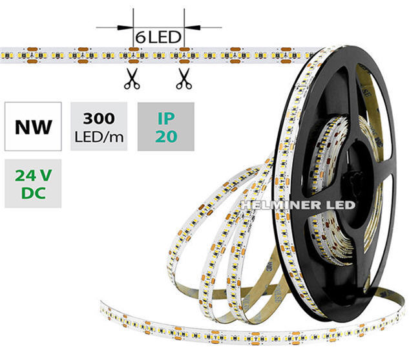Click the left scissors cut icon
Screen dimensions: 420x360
tap(132, 78)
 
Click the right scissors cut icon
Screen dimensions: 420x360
tap(184, 78)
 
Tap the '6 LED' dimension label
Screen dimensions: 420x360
tap(158, 37)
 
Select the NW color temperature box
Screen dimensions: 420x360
tap(33, 127)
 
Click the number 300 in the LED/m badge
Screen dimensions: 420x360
tap(99, 119)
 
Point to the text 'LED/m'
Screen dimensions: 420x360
tap(99, 137)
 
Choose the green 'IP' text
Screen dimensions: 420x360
tap(166, 118)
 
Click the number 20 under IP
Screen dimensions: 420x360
tap(166, 136)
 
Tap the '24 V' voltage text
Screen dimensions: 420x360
tap(33, 176)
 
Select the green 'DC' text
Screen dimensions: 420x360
tap(33, 193)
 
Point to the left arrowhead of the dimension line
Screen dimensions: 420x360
tap(125, 27)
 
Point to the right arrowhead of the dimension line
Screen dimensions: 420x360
tap(193, 27)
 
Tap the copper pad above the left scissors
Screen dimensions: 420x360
tap(134, 49)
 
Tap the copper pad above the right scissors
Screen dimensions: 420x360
tap(184, 49)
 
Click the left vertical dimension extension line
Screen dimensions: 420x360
tap(133, 28)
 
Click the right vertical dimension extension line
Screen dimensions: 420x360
tap(184, 28)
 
